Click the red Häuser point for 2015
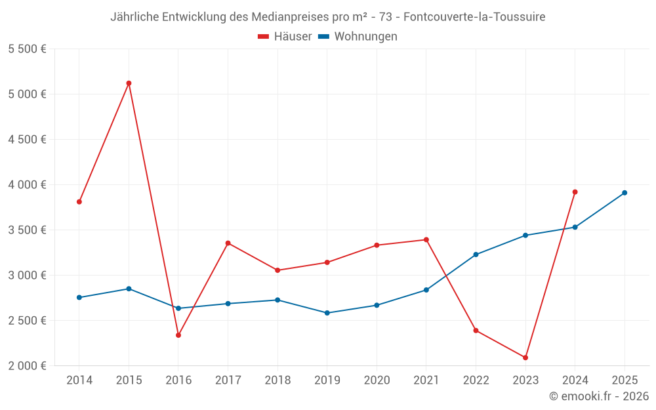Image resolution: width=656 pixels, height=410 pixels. pos(129,83)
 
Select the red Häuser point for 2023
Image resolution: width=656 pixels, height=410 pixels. pos(525,358)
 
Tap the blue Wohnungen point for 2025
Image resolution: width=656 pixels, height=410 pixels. pos(625,193)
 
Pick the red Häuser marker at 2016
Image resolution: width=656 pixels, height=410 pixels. pos(178,335)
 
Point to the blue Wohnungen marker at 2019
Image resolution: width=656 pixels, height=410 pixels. pos(327,313)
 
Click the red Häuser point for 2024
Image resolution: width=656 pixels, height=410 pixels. pos(575,192)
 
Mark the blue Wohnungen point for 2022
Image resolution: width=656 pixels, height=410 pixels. pos(476,255)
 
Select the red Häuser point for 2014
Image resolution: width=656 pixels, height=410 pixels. pos(79,202)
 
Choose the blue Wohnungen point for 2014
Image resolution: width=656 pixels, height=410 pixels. pos(79,298)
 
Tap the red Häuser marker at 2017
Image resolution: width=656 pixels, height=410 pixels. pos(228,243)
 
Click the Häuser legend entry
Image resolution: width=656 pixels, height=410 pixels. pos(285,37)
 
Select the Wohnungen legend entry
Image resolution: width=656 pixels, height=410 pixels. pos(358,37)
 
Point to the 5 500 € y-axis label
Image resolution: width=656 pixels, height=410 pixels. pos(27,49)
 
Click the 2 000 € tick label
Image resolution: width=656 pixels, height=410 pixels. pos(27,366)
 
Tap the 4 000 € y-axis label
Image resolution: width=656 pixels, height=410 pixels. pos(27,185)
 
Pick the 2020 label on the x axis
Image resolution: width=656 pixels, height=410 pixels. pos(377,380)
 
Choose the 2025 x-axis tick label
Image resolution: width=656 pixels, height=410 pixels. pos(625,380)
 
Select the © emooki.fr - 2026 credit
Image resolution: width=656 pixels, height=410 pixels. pos(598,396)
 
